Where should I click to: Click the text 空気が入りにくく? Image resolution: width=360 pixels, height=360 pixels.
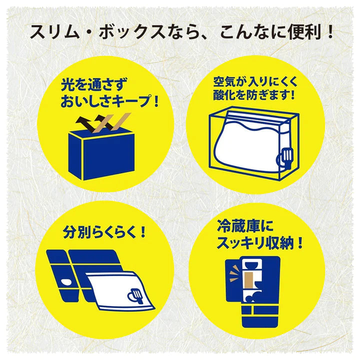[255, 81]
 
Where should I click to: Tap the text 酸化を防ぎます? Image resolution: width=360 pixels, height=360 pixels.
[253, 94]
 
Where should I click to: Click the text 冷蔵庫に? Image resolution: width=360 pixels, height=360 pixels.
[245, 226]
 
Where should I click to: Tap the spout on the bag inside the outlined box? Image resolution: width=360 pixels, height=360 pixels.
[285, 157]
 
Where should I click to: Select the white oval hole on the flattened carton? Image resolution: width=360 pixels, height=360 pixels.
[66, 281]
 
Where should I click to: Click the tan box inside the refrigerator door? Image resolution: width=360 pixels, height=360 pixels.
[248, 283]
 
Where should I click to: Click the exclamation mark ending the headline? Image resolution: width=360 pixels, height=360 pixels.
[330, 31]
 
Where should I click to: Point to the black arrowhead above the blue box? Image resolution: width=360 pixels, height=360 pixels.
[81, 120]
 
